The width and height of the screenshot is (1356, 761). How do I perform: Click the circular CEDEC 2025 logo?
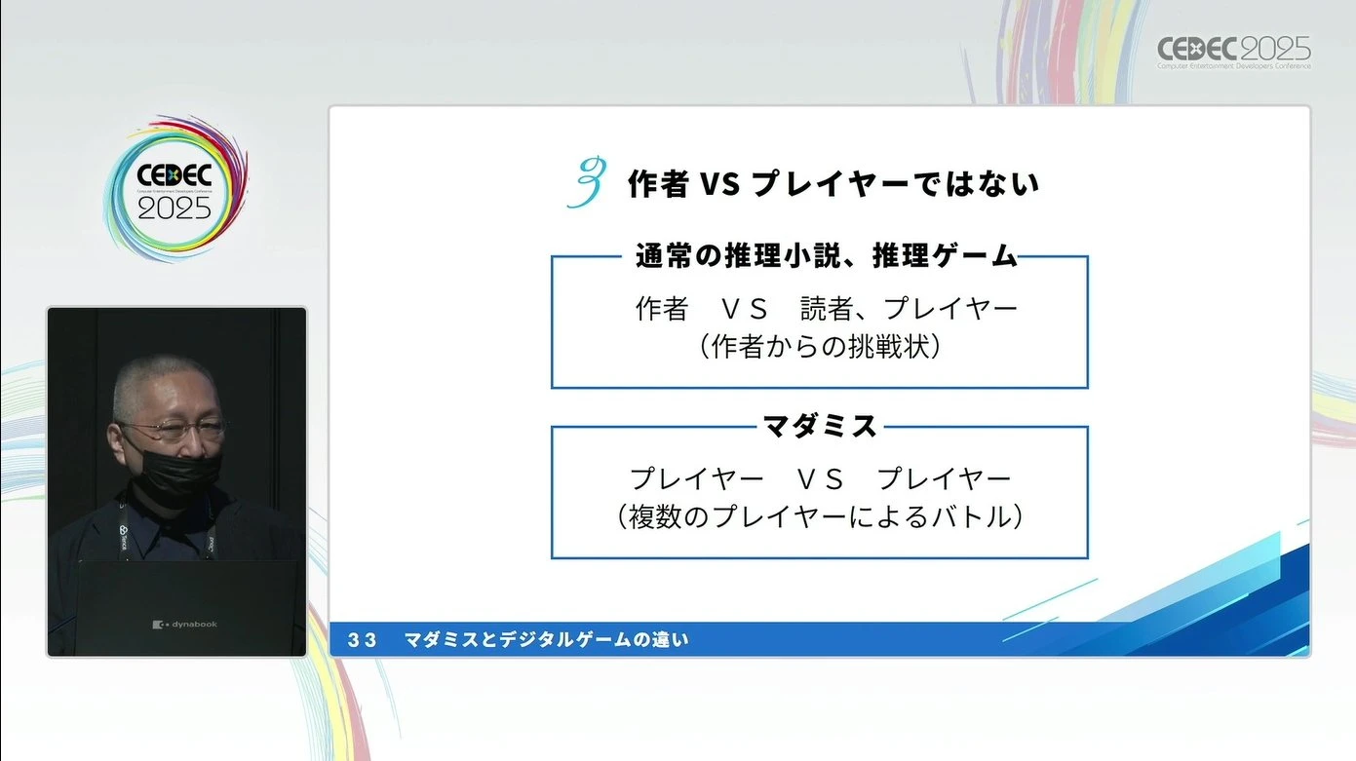(175, 189)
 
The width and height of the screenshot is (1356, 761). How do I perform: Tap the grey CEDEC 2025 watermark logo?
(1234, 53)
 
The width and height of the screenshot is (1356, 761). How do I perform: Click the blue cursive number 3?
(587, 182)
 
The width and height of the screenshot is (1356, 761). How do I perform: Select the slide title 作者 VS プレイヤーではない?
(833, 183)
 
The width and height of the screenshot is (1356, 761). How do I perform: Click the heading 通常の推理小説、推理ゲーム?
(827, 256)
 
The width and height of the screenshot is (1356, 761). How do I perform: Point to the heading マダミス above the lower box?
(820, 426)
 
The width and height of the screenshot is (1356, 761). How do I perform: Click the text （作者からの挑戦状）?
(820, 347)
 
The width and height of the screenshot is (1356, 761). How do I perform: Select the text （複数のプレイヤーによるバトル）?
(820, 517)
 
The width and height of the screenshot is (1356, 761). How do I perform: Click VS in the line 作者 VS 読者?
(744, 310)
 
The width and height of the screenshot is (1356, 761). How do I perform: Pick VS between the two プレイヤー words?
(820, 480)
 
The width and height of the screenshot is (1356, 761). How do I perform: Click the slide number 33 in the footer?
(363, 640)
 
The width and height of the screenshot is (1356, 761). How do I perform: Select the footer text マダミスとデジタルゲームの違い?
(546, 640)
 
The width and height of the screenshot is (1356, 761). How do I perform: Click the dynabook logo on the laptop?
(184, 625)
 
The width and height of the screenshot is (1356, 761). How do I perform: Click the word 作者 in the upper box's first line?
(662, 309)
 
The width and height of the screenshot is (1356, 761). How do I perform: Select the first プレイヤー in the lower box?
(696, 479)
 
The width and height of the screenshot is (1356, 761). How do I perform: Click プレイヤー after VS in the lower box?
(944, 479)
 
